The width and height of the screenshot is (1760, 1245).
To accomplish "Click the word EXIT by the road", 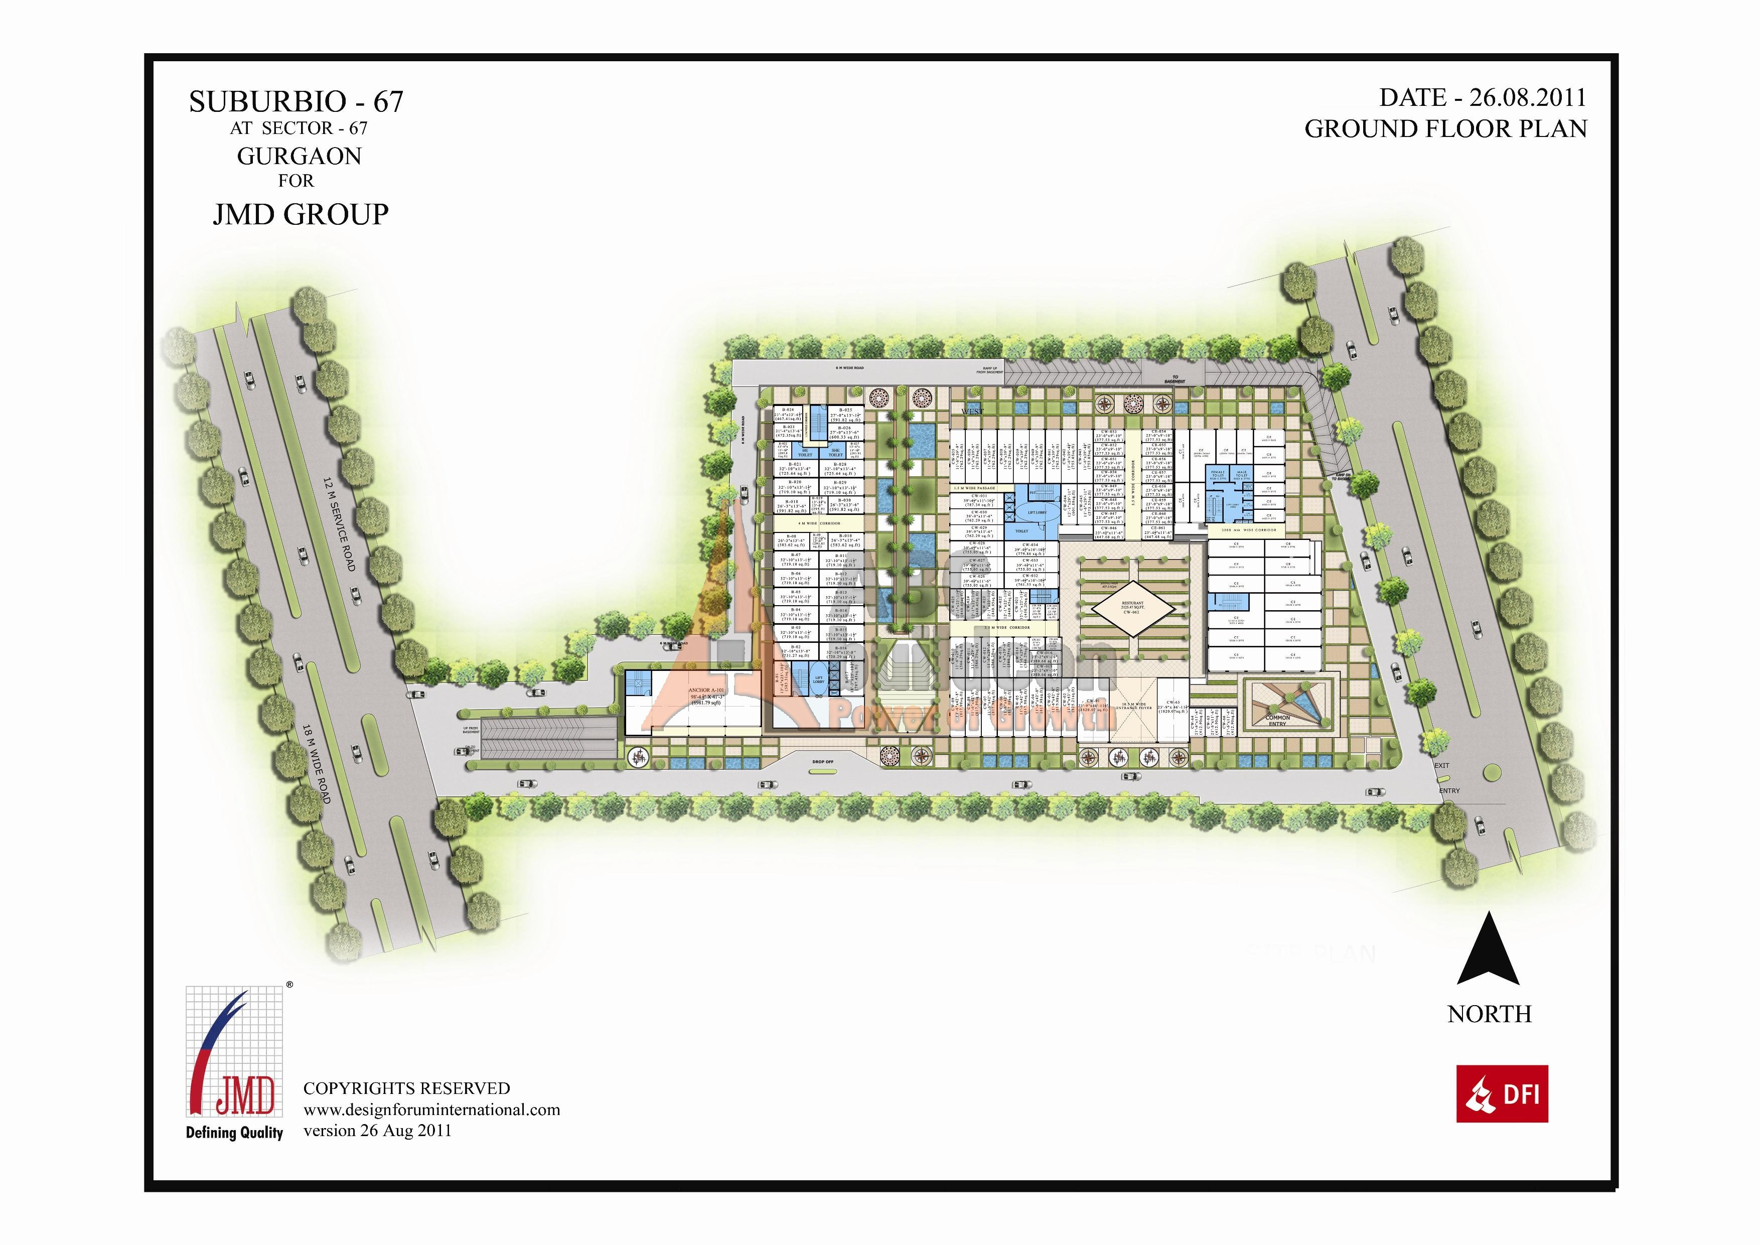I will click(x=1442, y=766).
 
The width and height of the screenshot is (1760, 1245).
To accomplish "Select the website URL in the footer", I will click(x=431, y=1110).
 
